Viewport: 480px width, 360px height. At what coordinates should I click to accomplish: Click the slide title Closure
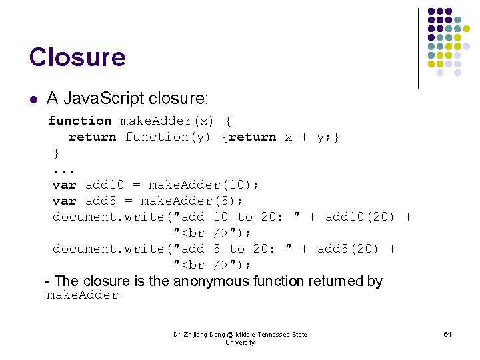[77, 57]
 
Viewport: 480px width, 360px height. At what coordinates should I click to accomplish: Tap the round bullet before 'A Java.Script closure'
[33, 99]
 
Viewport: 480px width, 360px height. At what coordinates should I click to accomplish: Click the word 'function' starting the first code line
[80, 121]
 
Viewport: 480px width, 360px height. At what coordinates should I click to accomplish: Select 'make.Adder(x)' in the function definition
[167, 121]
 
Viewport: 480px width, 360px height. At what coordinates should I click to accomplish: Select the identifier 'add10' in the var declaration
[105, 185]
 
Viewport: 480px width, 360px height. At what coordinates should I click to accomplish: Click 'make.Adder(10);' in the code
[204, 185]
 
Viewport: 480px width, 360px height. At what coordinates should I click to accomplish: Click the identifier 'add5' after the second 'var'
[101, 201]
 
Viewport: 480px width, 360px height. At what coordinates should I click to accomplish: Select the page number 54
[447, 334]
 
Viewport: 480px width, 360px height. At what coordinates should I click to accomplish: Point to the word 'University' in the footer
[240, 343]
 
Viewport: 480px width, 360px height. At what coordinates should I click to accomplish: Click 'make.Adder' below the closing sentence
[83, 295]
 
